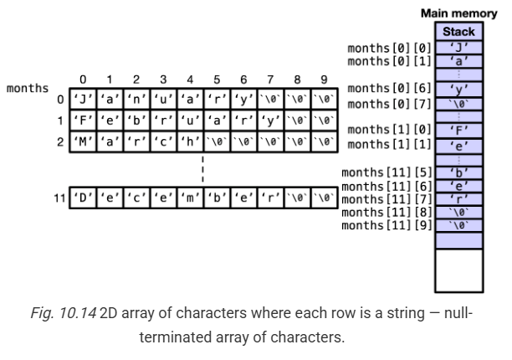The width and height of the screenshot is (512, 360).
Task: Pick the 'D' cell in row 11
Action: point(83,198)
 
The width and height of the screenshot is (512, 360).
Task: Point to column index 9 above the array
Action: point(324,80)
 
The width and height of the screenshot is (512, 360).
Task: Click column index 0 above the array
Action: point(83,80)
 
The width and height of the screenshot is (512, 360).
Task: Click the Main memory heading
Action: point(458,14)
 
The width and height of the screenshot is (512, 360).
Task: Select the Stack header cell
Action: point(458,32)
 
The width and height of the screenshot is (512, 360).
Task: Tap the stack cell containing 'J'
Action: point(458,48)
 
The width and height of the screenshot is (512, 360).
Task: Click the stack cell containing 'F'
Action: point(458,131)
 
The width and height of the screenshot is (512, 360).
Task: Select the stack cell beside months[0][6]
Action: point(458,89)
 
